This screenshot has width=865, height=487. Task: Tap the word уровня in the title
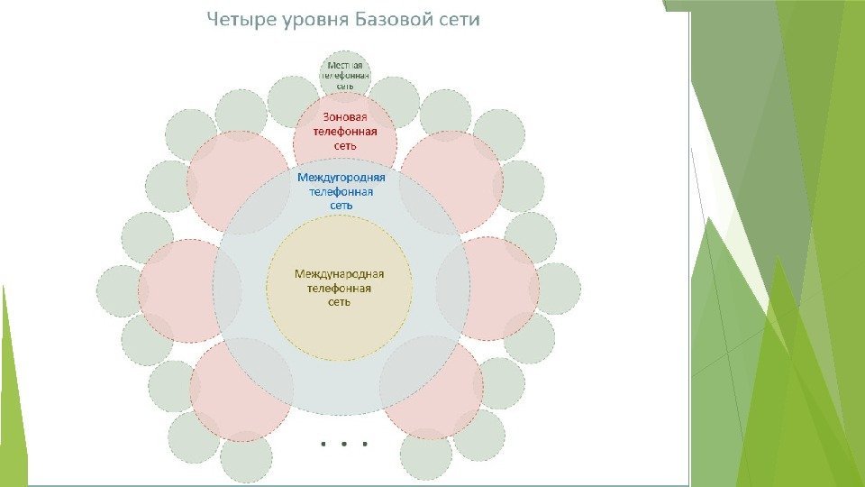click(312, 21)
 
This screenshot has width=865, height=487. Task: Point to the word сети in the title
click(460, 20)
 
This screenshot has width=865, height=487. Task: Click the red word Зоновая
click(346, 117)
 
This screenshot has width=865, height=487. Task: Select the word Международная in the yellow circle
click(340, 273)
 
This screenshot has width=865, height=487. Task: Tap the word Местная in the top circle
click(345, 66)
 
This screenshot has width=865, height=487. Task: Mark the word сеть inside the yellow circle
click(339, 302)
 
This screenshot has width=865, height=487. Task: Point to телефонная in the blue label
click(341, 191)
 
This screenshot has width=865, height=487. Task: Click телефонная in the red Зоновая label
click(345, 132)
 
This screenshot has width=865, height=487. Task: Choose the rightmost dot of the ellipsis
click(366, 444)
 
